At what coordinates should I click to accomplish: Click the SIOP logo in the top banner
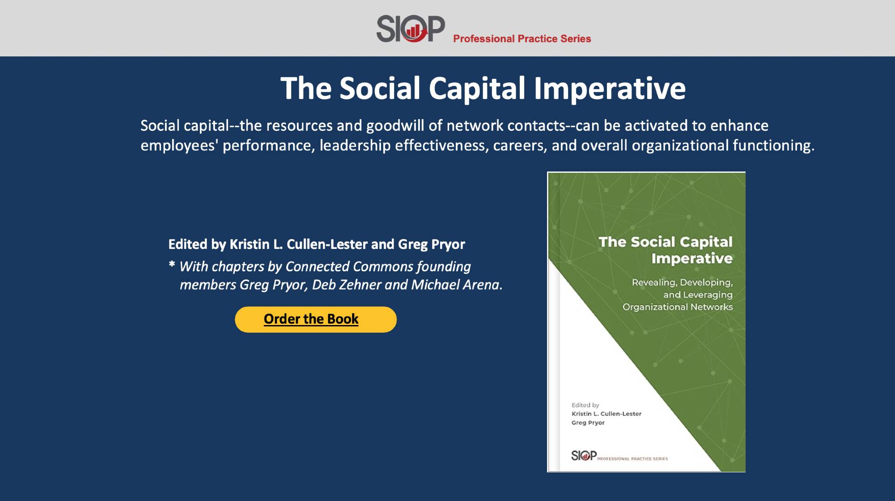pyautogui.click(x=410, y=29)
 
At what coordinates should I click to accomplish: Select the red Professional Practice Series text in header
pyautogui.click(x=522, y=39)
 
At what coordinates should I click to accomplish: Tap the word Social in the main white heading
pyautogui.click(x=380, y=88)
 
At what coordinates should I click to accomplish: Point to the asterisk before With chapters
pyautogui.click(x=172, y=265)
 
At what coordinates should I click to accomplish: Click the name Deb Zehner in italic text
pyautogui.click(x=346, y=285)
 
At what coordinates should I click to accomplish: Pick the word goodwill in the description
pyautogui.click(x=395, y=126)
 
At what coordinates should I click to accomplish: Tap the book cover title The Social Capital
pyautogui.click(x=665, y=242)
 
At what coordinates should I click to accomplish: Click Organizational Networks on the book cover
pyautogui.click(x=677, y=307)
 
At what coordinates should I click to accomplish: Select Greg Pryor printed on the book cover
pyautogui.click(x=588, y=423)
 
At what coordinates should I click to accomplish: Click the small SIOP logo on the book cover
pyautogui.click(x=584, y=455)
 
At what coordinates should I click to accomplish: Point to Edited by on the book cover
pyautogui.click(x=585, y=405)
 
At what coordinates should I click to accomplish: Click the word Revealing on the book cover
pyautogui.click(x=653, y=283)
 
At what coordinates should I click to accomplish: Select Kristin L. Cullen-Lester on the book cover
pyautogui.click(x=606, y=414)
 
